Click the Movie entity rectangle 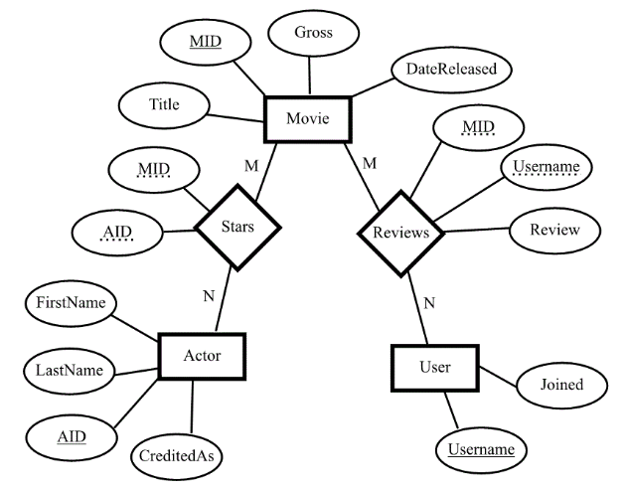tap(308, 119)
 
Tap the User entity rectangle tap(434, 368)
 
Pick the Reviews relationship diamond tap(400, 233)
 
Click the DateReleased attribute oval tap(451, 71)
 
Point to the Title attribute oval tap(164, 104)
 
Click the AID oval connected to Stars tap(118, 234)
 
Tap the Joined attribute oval tap(561, 383)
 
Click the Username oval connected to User tap(481, 449)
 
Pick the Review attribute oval tap(555, 230)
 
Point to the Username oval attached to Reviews tap(545, 164)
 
